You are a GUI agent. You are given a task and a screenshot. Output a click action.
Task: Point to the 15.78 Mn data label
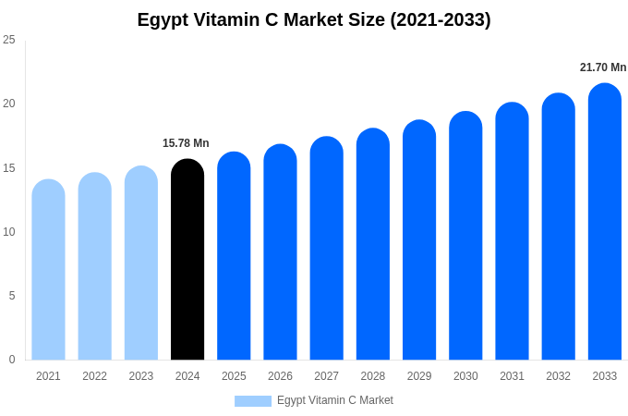[x=186, y=143]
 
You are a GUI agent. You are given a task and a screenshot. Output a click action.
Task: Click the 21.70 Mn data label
[x=603, y=67]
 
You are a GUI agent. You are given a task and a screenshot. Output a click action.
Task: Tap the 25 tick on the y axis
[x=9, y=40]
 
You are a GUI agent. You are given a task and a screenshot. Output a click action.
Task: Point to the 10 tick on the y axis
[x=9, y=232]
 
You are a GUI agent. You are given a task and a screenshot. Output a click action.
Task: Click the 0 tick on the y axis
[x=12, y=360]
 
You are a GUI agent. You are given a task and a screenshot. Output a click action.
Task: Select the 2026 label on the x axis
[x=280, y=376]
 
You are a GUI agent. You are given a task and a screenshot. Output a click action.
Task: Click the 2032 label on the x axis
[x=558, y=376]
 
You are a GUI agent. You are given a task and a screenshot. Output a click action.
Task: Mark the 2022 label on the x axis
[x=94, y=376]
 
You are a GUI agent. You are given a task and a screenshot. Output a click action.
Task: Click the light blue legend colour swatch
[x=253, y=401]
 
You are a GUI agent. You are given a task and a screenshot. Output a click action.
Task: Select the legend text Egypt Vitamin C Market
[x=335, y=400]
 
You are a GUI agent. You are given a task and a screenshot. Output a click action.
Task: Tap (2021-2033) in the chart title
[x=440, y=19]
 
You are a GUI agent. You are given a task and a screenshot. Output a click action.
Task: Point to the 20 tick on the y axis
[x=9, y=104]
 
